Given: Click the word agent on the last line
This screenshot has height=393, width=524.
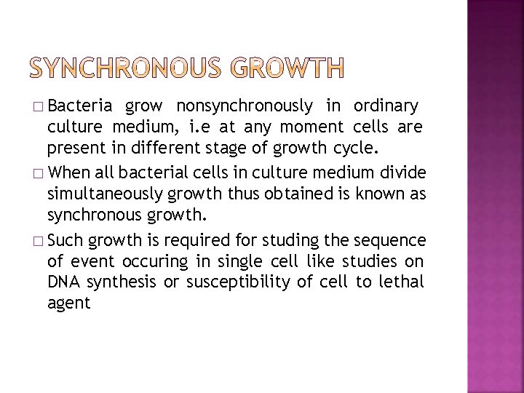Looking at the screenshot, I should [68, 303].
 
